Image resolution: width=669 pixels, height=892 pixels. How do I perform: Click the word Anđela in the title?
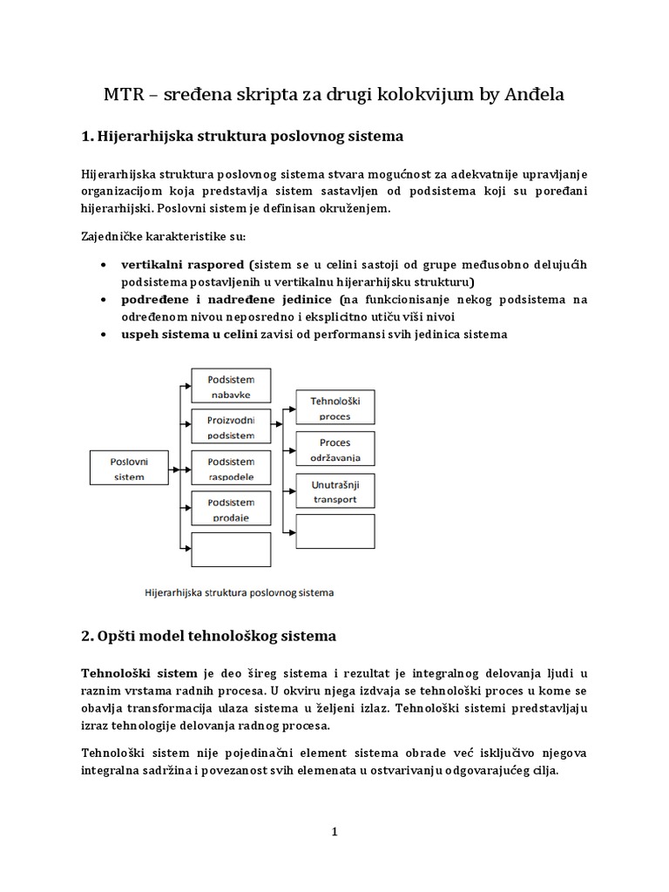(x=533, y=95)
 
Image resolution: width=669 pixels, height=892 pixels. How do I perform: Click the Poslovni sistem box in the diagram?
(x=128, y=467)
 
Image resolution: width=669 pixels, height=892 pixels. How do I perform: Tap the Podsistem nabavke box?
(x=231, y=387)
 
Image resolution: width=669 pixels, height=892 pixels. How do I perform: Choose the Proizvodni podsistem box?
(x=231, y=427)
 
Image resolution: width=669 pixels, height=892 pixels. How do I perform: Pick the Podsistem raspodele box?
(x=231, y=468)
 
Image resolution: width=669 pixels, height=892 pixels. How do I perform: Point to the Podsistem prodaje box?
(x=231, y=509)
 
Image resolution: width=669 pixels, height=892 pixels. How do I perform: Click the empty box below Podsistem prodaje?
(x=231, y=550)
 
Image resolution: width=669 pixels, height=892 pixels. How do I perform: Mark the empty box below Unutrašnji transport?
(x=335, y=531)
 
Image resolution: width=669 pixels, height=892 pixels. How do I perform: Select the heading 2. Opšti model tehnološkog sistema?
(x=208, y=637)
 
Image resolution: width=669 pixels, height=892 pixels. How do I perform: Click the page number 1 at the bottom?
(x=334, y=832)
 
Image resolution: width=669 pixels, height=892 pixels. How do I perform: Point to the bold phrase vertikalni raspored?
(x=184, y=265)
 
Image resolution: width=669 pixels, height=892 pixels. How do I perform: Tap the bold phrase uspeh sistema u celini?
(x=189, y=334)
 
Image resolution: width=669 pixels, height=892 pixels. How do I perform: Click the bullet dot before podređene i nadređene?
(x=105, y=300)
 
